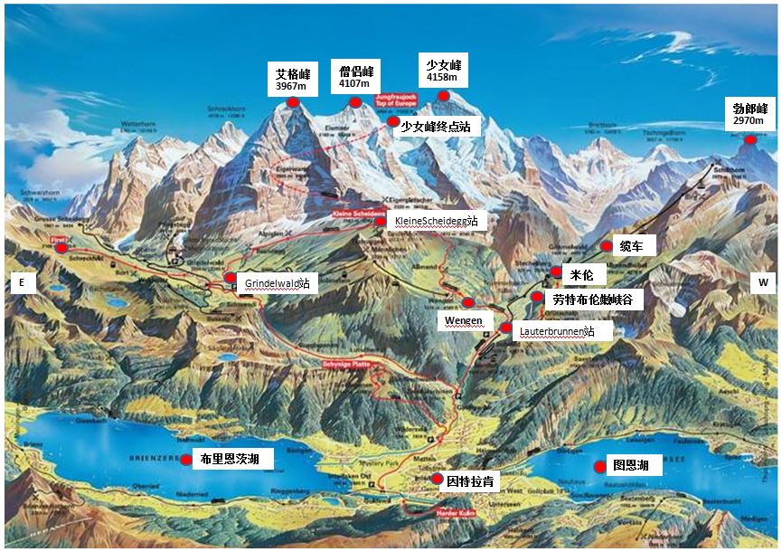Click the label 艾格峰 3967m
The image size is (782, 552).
(291, 80)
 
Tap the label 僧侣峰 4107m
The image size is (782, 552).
(355, 77)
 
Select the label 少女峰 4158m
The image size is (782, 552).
(443, 71)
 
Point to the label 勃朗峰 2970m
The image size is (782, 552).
(749, 115)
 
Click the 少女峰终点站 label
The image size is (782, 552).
(437, 128)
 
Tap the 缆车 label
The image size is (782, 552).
(630, 246)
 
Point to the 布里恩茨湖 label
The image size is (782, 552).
(231, 460)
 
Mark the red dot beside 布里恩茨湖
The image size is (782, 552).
(187, 460)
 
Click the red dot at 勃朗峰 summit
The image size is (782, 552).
(749, 139)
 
